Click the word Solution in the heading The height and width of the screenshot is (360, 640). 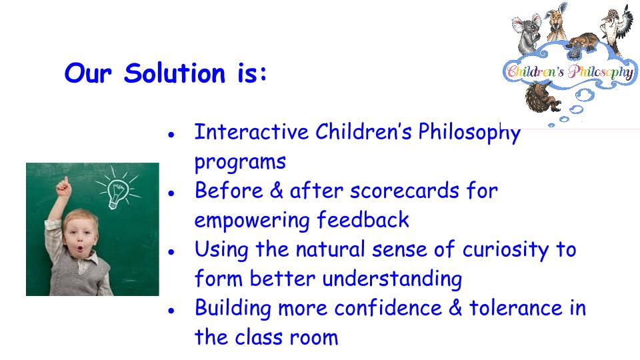175,73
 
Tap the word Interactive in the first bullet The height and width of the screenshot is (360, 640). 251,132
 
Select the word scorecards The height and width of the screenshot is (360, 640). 405,191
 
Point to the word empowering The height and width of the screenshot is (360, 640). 252,221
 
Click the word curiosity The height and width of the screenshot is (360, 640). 506,250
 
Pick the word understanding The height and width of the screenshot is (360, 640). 392,280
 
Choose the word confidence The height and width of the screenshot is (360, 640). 388,308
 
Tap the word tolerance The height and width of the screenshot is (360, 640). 516,308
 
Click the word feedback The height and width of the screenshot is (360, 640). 363,220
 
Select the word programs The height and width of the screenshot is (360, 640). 240,163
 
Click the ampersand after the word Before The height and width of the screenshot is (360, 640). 276,191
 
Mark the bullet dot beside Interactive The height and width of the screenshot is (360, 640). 171,134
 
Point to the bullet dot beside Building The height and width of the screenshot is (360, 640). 171,311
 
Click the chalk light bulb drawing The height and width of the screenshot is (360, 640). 117,188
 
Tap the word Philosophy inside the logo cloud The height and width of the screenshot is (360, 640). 601,72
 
